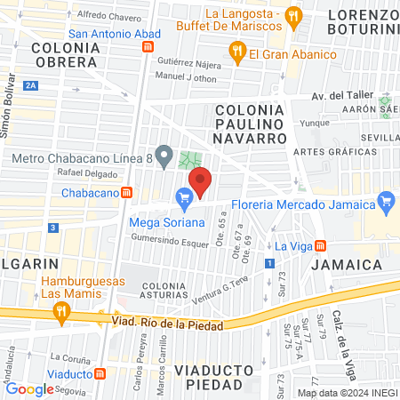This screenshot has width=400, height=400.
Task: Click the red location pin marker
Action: [x=201, y=180]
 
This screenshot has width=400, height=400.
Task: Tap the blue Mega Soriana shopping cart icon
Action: [x=185, y=197]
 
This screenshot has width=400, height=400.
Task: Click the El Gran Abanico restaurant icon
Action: [x=236, y=53]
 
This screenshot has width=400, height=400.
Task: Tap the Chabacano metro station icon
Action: [x=127, y=192]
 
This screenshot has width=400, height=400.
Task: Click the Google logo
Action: [x=29, y=388]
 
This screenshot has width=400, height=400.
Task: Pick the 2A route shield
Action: [x=31, y=85]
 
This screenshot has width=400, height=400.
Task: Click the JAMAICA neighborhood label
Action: [x=347, y=265]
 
